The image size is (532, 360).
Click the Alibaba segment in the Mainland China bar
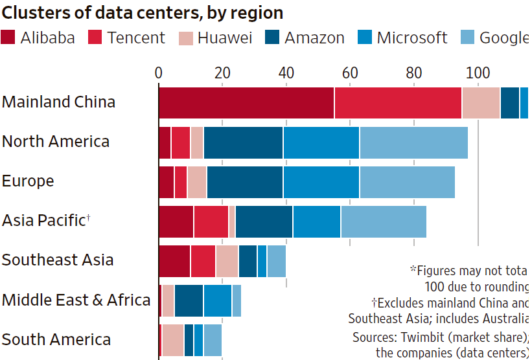click(x=246, y=102)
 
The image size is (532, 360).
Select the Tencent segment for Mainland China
click(x=398, y=102)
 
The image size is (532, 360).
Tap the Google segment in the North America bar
click(x=413, y=142)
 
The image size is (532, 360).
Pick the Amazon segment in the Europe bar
click(x=245, y=182)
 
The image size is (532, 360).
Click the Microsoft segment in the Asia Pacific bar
click(x=317, y=221)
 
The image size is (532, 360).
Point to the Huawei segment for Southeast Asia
click(x=227, y=261)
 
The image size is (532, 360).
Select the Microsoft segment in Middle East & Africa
click(x=218, y=300)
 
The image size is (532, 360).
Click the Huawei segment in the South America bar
click(x=173, y=340)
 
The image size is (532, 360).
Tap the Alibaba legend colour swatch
click(x=8, y=38)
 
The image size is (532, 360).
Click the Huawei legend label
click(x=225, y=38)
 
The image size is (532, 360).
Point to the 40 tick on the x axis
click(x=286, y=73)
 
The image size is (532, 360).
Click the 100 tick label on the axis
click(x=478, y=73)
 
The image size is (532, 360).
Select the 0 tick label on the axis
click(x=159, y=73)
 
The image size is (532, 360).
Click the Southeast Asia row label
click(x=58, y=260)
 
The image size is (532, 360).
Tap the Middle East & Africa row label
click(x=76, y=300)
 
